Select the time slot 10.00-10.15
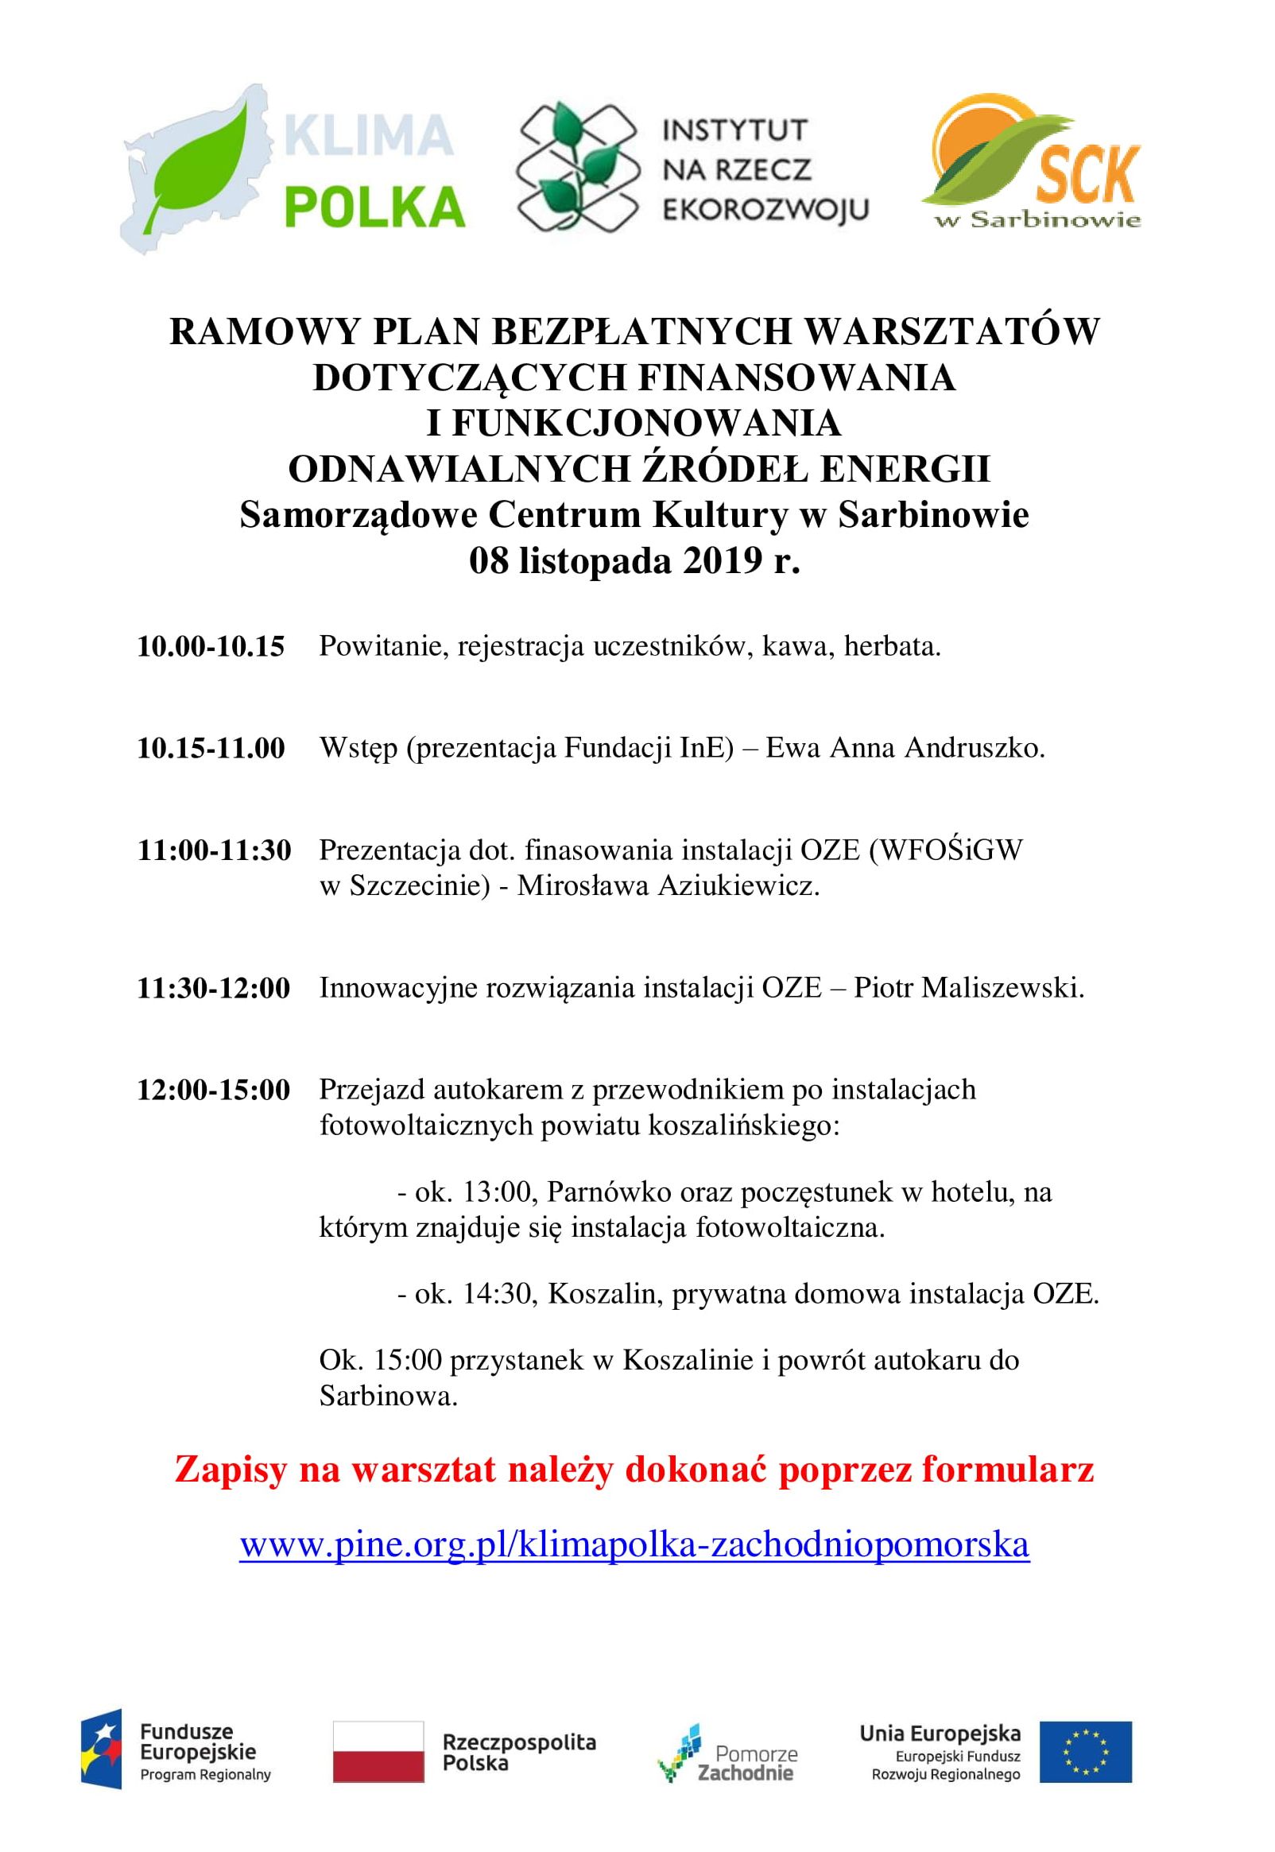(211, 646)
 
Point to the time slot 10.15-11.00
(211, 748)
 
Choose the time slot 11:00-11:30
(214, 850)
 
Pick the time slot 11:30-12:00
(214, 988)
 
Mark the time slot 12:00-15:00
(214, 1089)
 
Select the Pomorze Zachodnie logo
(727, 1750)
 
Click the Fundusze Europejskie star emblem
(101, 1750)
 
